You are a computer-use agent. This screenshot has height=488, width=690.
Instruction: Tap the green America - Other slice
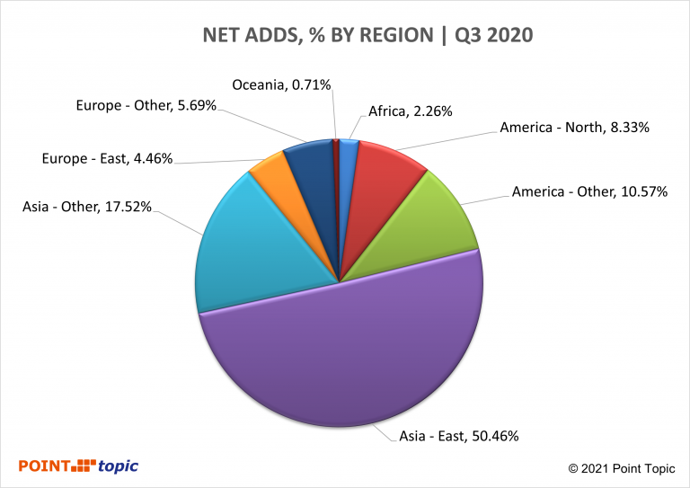pyautogui.click(x=422, y=225)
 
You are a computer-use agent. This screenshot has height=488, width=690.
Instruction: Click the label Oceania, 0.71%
pyautogui.click(x=282, y=84)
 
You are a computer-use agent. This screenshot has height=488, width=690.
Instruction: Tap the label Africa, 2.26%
pyautogui.click(x=410, y=111)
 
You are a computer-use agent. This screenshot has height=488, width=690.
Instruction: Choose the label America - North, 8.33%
pyautogui.click(x=574, y=129)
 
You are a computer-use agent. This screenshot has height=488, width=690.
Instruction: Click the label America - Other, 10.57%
pyautogui.click(x=589, y=191)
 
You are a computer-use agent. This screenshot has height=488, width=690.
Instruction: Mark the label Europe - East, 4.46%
pyautogui.click(x=107, y=160)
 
